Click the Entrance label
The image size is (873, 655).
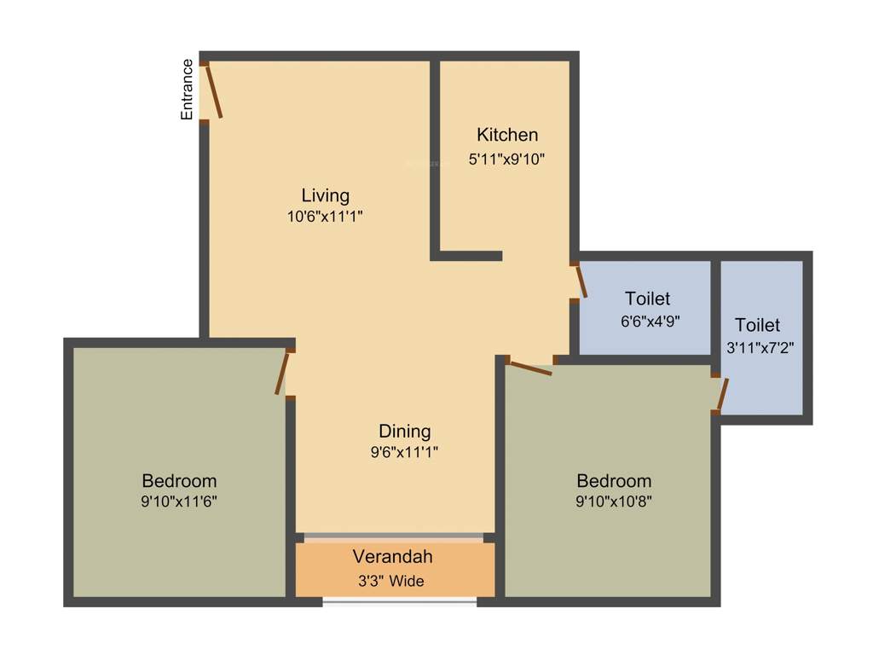(187, 89)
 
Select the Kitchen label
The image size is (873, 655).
(507, 135)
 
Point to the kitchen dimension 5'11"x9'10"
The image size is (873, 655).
(506, 159)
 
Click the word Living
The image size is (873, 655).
(326, 195)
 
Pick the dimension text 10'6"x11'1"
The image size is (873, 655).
(326, 217)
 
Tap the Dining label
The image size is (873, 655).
(405, 431)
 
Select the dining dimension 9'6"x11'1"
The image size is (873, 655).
(405, 452)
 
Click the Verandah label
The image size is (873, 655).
(393, 557)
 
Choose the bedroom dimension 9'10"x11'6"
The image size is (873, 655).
(179, 501)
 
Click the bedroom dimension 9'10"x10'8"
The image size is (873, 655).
(614, 501)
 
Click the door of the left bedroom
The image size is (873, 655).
(282, 374)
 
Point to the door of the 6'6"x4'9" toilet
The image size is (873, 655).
(581, 281)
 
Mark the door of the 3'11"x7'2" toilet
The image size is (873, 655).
(722, 394)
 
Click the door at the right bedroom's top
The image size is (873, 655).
(529, 368)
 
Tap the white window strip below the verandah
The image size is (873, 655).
(399, 602)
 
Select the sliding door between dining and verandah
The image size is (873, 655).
(393, 537)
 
